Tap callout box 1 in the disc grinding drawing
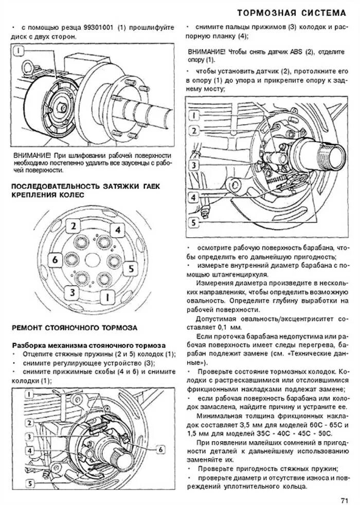point(19,51)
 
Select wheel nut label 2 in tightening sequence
point(74,225)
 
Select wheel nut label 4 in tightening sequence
point(117,230)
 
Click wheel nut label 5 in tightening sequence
point(131,268)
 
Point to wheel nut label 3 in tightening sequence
point(73,292)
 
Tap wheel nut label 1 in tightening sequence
point(107,297)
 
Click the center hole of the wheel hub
point(93,260)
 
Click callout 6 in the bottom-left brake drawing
point(161,449)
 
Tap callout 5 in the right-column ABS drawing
point(193,223)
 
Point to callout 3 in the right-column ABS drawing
point(193,165)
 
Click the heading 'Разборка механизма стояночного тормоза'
point(88,344)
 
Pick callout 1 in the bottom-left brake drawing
point(31,394)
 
